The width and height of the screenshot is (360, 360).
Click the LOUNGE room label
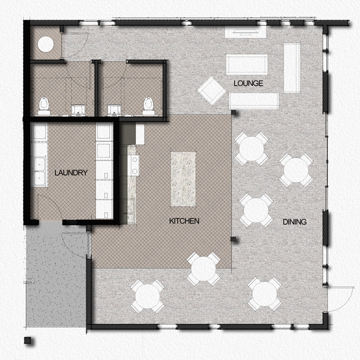coord(249,83)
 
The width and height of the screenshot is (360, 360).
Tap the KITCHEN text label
coord(184,221)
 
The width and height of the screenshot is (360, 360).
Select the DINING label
coord(295,222)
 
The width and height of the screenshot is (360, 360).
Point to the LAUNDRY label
coord(71,173)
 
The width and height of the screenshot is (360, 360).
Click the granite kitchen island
coord(183,179)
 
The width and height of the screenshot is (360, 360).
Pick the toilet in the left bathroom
coord(44,106)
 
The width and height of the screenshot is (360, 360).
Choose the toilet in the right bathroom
coord(148,106)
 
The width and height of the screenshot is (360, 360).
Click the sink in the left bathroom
coord(79,110)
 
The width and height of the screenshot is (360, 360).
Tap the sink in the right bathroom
coord(114,110)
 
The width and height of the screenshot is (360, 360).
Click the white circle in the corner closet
coord(45,44)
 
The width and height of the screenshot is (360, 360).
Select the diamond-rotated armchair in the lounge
coord(212,91)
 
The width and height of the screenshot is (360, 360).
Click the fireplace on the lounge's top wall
coord(245,32)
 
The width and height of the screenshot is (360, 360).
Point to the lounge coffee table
coord(247,64)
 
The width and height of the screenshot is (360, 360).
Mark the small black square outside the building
coord(28,340)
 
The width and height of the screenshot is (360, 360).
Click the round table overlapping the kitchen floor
coord(203,269)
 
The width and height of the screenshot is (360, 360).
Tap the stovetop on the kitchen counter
coord(135,166)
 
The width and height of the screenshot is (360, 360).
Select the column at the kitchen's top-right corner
coord(234,112)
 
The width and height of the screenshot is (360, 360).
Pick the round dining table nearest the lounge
coord(251,148)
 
